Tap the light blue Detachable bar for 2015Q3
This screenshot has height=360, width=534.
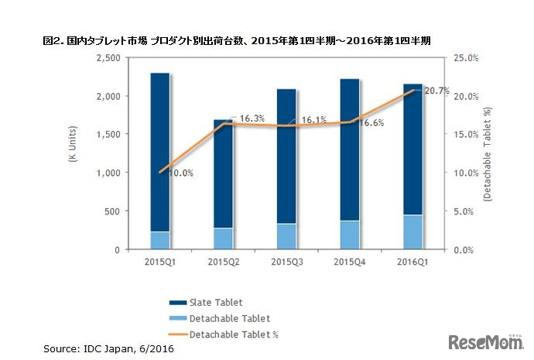(x=286, y=236)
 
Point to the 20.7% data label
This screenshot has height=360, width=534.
(x=437, y=91)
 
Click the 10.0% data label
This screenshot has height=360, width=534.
(x=181, y=173)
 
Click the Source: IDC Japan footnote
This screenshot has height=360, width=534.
(x=108, y=350)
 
